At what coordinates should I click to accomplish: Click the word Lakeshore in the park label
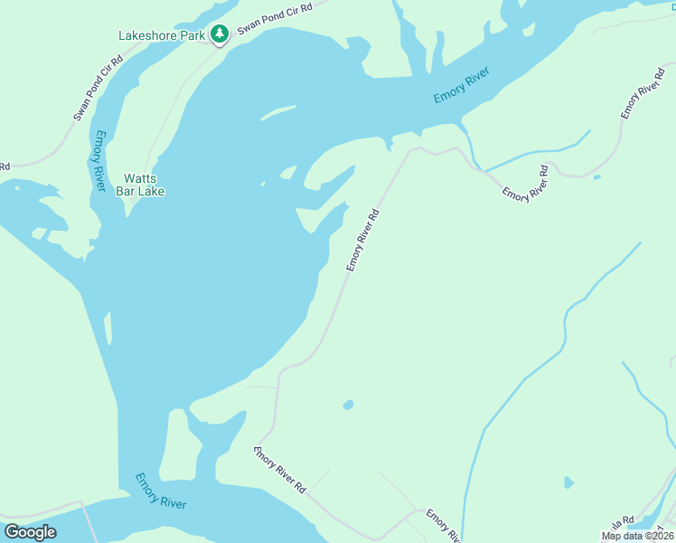click(147, 36)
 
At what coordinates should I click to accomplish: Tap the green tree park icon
click(219, 34)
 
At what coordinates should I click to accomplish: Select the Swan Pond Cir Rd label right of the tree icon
click(275, 19)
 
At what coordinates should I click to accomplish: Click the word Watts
click(141, 178)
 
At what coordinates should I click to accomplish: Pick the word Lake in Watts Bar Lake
click(150, 191)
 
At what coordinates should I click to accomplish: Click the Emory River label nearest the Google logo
click(161, 491)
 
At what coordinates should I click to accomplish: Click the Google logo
click(30, 532)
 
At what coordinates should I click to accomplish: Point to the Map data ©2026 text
click(638, 536)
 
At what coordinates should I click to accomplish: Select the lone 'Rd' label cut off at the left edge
click(5, 167)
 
